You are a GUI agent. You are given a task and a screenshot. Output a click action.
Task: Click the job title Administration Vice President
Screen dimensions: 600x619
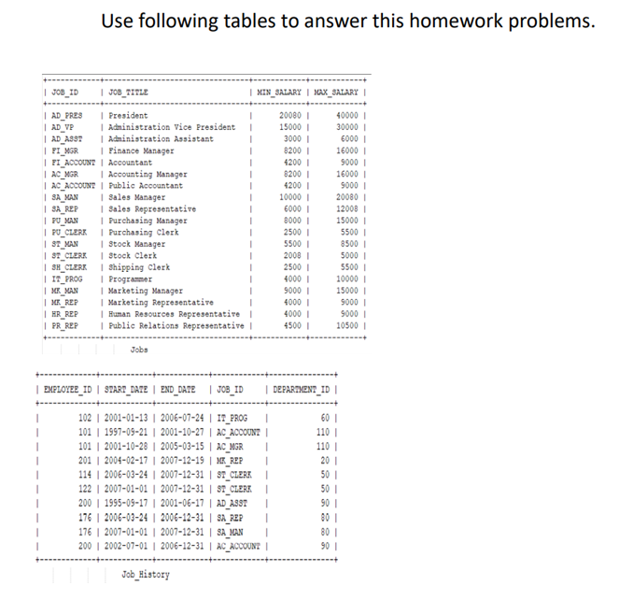coord(172,127)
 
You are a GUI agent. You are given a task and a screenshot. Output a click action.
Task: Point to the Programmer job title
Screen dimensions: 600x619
coord(134,279)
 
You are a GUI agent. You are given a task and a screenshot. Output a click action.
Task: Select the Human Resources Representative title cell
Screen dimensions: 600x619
coord(174,315)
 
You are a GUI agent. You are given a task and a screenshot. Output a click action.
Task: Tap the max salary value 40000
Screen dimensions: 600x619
coord(346,115)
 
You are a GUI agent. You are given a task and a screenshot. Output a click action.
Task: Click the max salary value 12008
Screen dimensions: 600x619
coord(346,209)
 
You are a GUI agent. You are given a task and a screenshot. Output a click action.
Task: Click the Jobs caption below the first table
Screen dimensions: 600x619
coord(139,350)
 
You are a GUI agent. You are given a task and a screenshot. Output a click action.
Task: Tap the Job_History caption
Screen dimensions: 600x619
coord(146,574)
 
